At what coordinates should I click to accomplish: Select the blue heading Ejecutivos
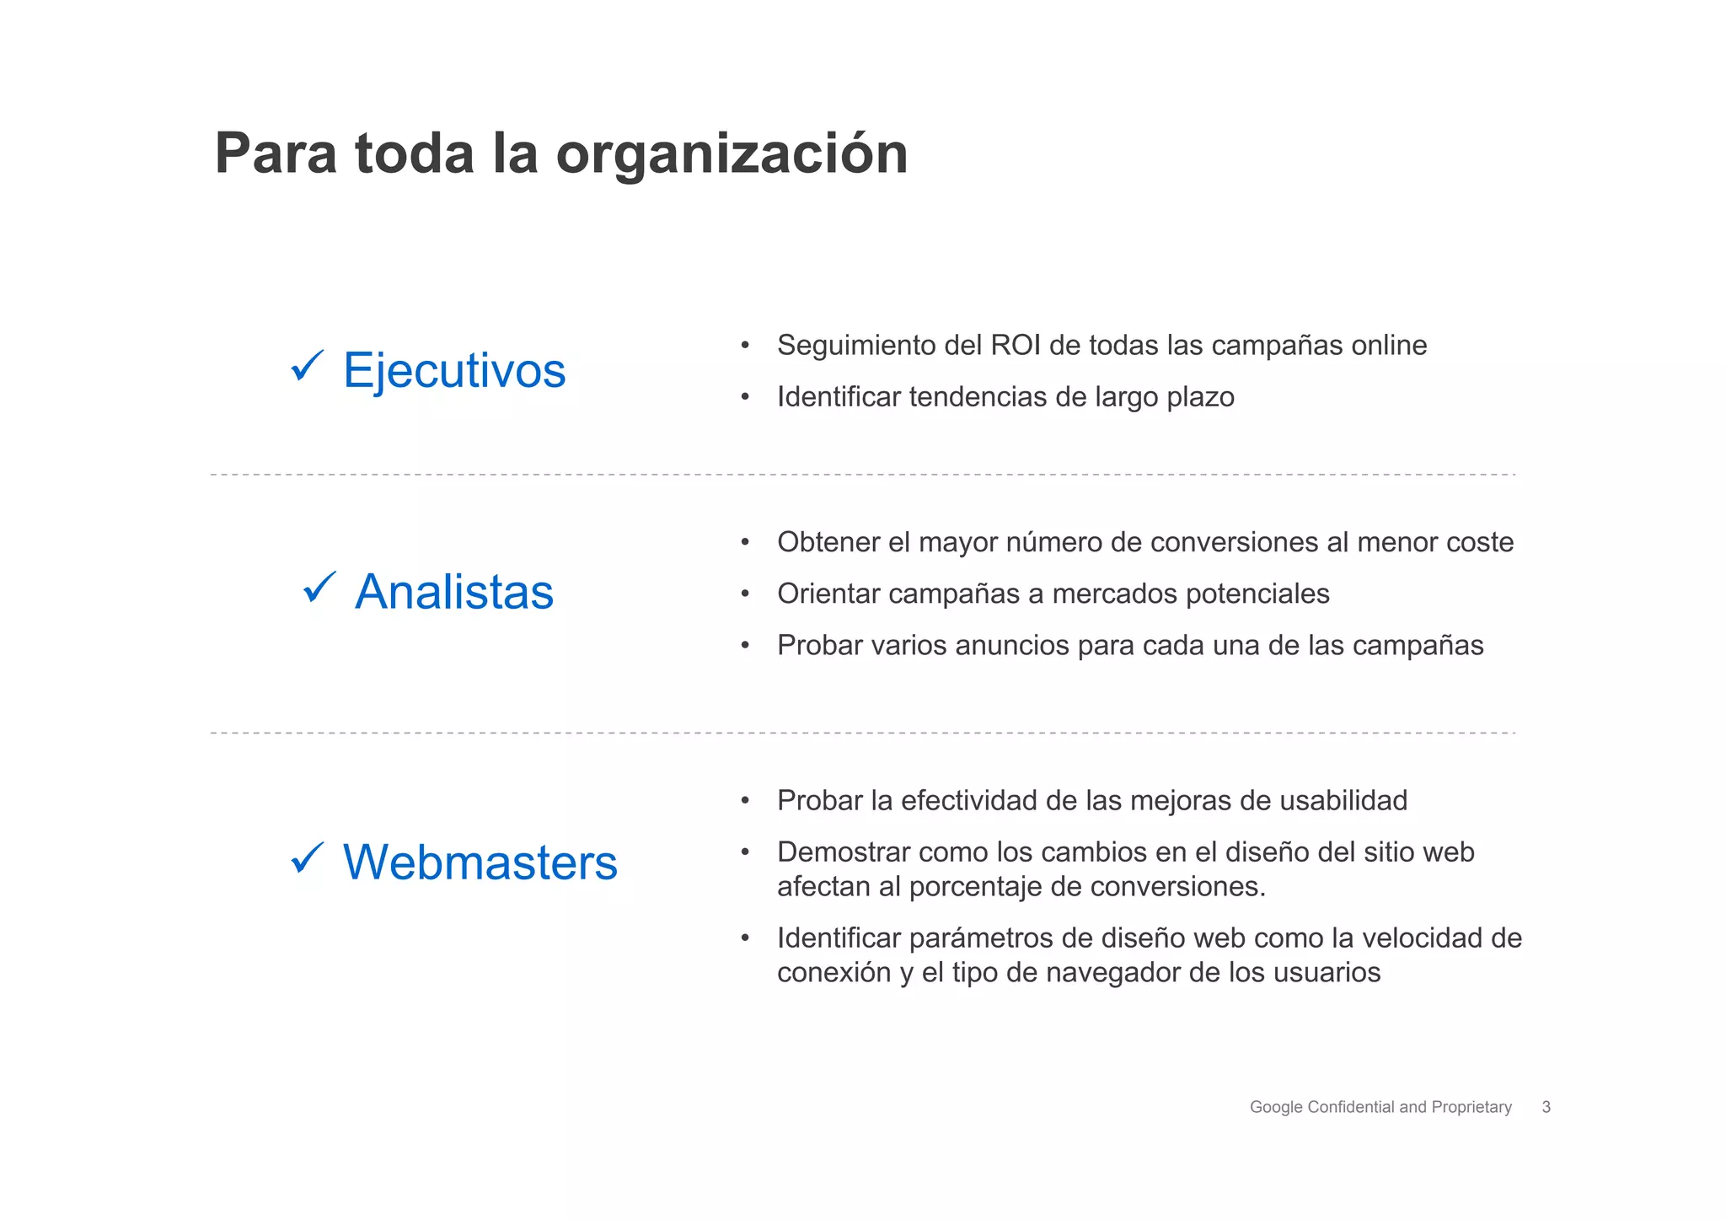click(x=453, y=370)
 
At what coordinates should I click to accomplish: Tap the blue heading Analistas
click(x=454, y=591)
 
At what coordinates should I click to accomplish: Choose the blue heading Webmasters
click(x=480, y=863)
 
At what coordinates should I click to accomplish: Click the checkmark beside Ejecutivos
click(x=307, y=367)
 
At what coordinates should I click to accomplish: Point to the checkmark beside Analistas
click(x=319, y=587)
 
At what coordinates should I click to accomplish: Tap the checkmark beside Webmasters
click(x=307, y=858)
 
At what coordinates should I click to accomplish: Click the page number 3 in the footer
click(x=1546, y=1107)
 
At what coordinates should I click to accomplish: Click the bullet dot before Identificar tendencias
click(x=745, y=397)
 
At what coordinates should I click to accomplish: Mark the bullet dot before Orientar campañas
click(x=745, y=594)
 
